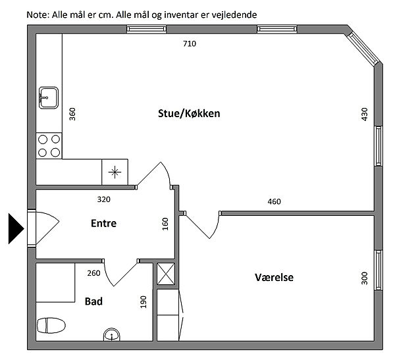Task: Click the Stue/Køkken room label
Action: click(x=189, y=114)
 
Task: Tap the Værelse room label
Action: click(x=274, y=277)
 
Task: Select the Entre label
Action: click(x=103, y=223)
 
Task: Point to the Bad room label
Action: click(x=93, y=301)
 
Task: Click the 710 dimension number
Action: click(x=190, y=44)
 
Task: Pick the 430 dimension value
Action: click(x=365, y=114)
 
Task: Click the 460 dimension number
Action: click(x=274, y=201)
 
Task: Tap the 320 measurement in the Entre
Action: click(x=104, y=199)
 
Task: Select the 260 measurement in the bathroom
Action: click(x=93, y=273)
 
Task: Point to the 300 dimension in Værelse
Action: click(x=365, y=278)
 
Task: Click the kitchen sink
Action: click(x=49, y=98)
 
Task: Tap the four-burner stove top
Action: click(x=49, y=146)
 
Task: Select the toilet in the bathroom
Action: click(x=51, y=325)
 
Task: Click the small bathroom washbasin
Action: click(x=112, y=335)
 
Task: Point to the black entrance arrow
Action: click(x=16, y=229)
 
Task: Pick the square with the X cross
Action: click(x=166, y=274)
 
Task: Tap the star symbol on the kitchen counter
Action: click(x=115, y=172)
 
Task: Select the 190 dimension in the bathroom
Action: click(x=143, y=302)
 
